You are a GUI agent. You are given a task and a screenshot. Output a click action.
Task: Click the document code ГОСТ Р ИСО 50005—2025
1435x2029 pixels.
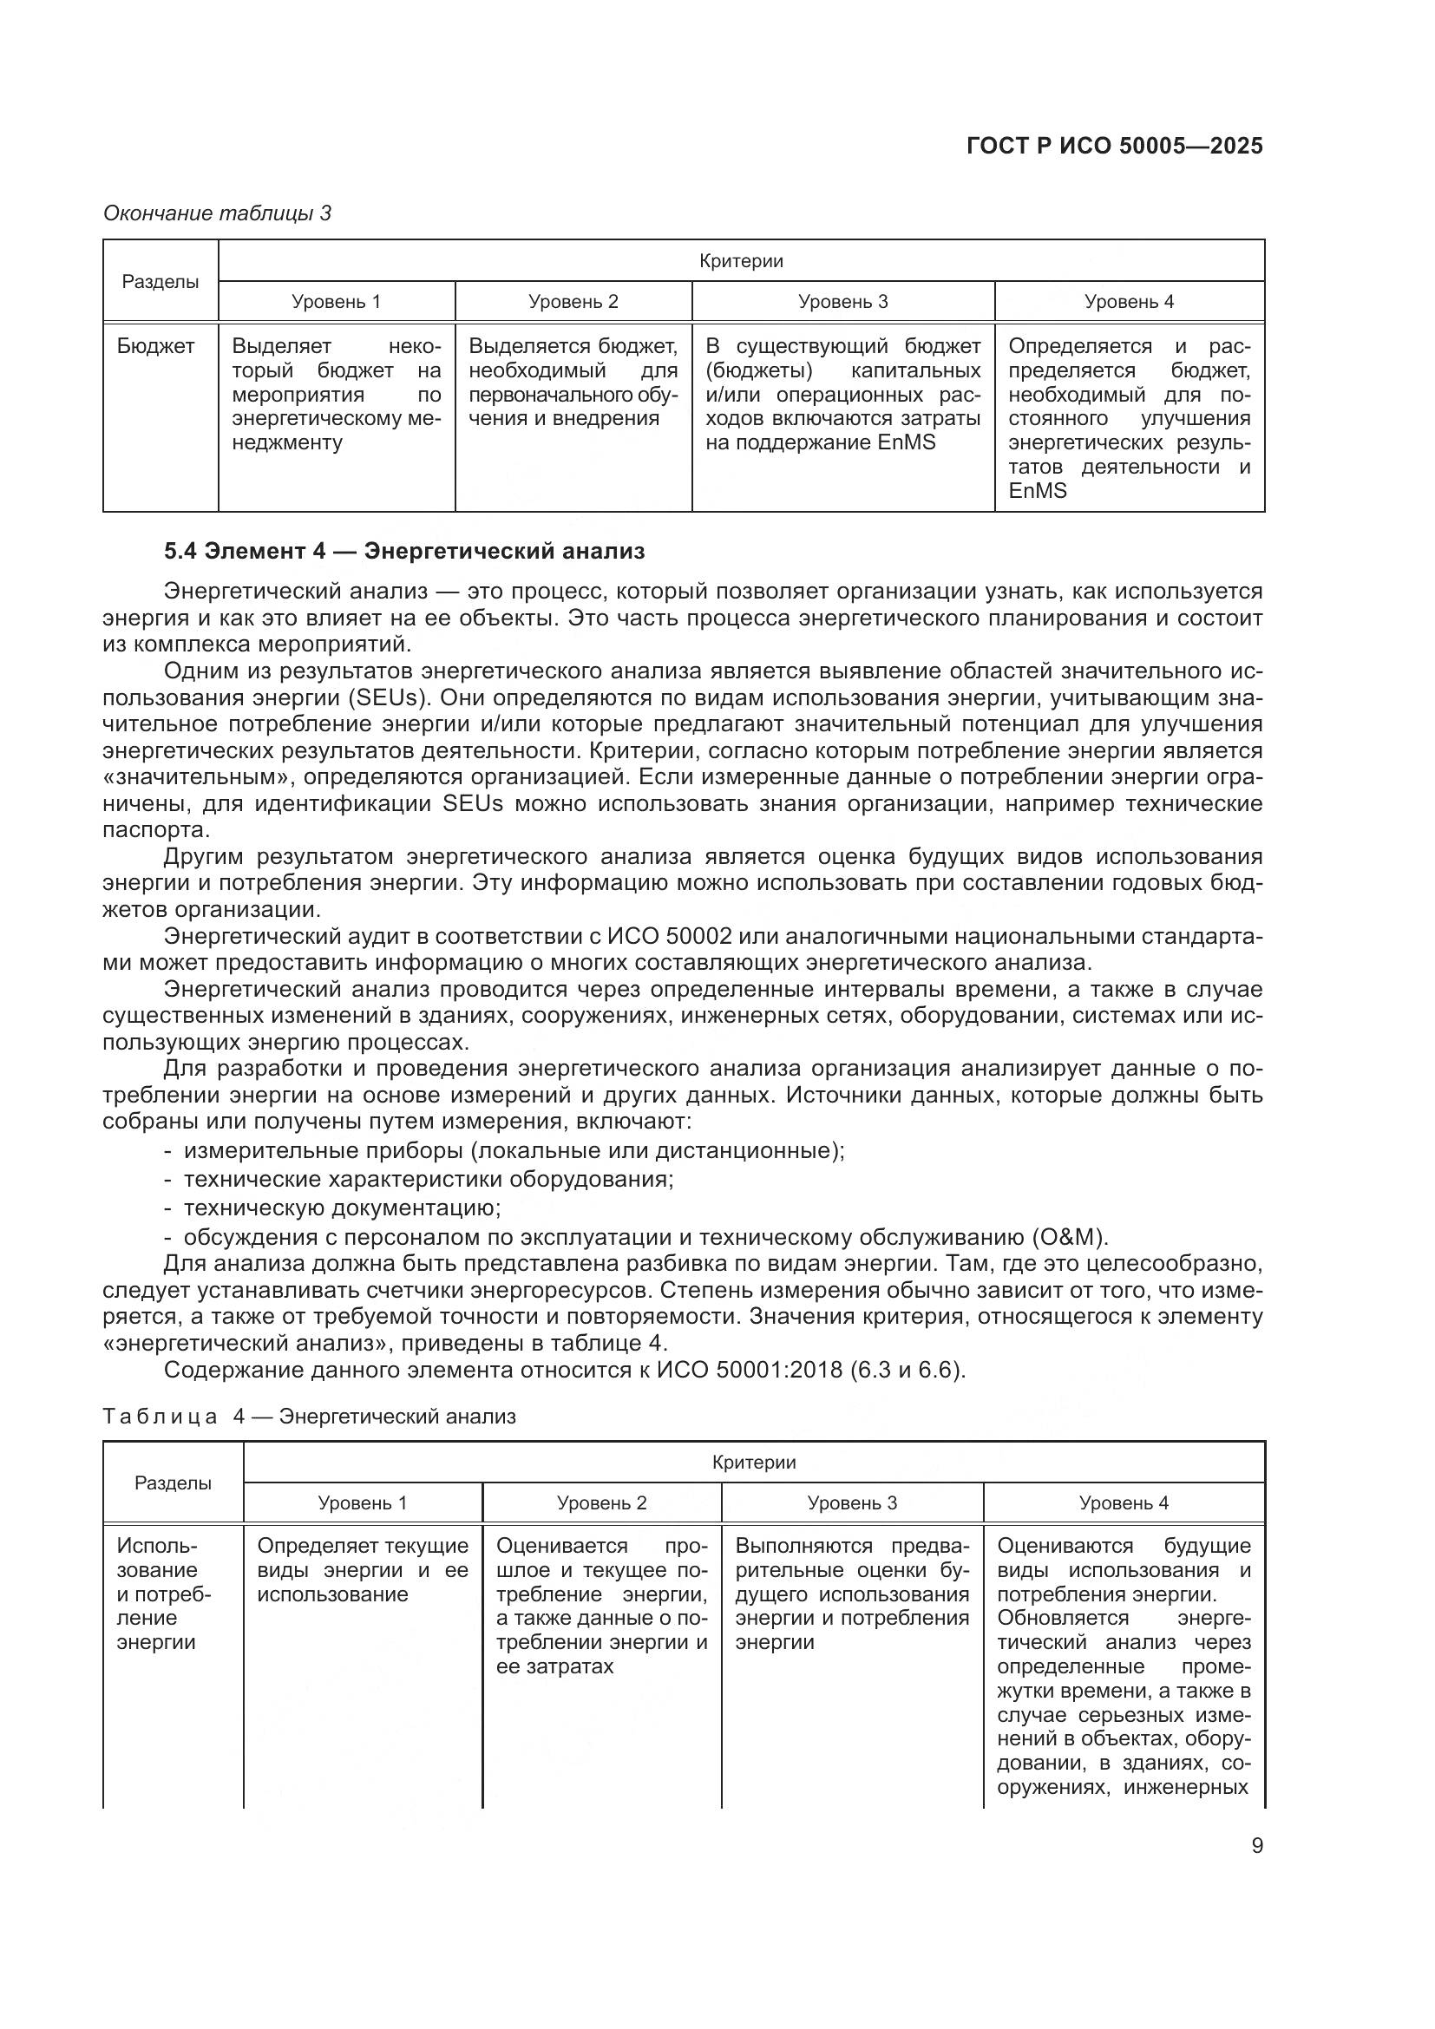click(1114, 147)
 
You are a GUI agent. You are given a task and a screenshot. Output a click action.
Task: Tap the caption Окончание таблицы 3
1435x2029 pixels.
click(218, 214)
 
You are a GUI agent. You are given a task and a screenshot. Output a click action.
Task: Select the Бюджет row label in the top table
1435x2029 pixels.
click(155, 346)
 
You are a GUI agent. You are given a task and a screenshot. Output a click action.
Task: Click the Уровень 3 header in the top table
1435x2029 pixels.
click(842, 302)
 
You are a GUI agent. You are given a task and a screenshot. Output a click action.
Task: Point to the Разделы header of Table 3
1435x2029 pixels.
click(160, 282)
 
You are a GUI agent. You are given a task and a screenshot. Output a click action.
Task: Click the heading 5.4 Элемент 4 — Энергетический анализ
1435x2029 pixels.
click(403, 552)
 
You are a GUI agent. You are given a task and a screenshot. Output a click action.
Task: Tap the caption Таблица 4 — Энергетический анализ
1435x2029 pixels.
click(309, 1417)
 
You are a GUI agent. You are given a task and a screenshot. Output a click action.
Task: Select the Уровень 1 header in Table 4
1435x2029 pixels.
click(363, 1503)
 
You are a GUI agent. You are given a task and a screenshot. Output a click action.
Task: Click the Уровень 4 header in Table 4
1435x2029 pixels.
click(1123, 1503)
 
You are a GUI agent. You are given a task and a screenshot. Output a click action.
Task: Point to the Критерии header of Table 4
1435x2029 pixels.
click(754, 1463)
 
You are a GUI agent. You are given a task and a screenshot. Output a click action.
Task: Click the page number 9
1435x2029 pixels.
click(1256, 1846)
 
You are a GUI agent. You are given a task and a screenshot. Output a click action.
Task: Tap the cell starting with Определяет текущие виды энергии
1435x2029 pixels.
click(363, 1570)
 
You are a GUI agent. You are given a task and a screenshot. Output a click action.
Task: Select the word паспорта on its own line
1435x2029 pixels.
click(156, 831)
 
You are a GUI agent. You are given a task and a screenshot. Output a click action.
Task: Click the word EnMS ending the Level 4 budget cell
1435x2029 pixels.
click(1038, 491)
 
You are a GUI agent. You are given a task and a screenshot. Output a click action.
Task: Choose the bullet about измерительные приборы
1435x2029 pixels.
click(513, 1151)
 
